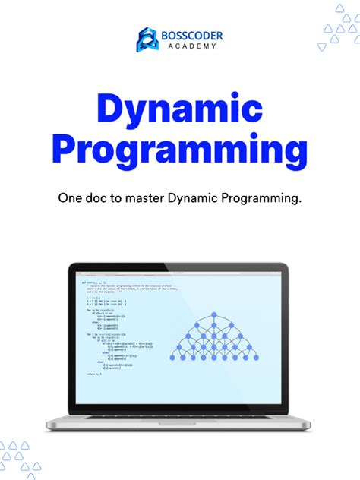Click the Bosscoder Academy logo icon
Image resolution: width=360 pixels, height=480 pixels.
147,39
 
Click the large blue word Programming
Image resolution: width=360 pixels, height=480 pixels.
180,151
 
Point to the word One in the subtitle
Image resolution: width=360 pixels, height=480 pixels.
71,199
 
